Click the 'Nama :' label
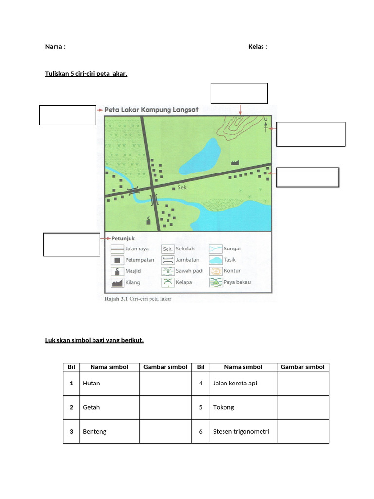[x=55, y=47]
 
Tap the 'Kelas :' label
[x=258, y=47]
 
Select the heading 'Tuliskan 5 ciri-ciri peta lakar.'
[x=86, y=74]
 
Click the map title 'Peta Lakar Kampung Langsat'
[x=151, y=110]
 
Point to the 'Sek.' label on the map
[x=183, y=187]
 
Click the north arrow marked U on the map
[x=265, y=125]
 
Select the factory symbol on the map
[x=235, y=161]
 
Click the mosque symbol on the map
[x=149, y=221]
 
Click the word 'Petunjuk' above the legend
[x=124, y=239]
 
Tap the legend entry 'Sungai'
[x=232, y=249]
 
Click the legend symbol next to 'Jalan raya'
[x=117, y=249]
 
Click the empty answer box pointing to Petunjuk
[x=72, y=245]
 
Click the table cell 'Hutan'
[x=92, y=384]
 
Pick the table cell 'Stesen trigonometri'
[x=241, y=431]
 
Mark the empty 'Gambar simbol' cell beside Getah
[x=165, y=407]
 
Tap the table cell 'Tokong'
[x=224, y=407]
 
